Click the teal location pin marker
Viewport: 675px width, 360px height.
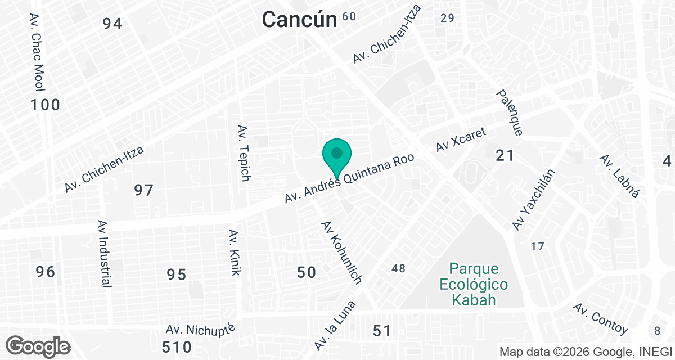[x=337, y=155]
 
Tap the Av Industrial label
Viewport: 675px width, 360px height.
[x=103, y=254]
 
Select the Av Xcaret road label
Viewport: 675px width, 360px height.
[x=461, y=139]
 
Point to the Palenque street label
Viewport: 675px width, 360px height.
[x=510, y=112]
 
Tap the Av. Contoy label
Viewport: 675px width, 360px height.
[x=600, y=319]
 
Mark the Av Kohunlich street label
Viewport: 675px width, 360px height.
[x=341, y=251]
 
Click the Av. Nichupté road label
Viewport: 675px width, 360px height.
[x=204, y=328]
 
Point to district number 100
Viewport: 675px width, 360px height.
[x=45, y=105]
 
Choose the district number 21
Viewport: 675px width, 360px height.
[x=505, y=155]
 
